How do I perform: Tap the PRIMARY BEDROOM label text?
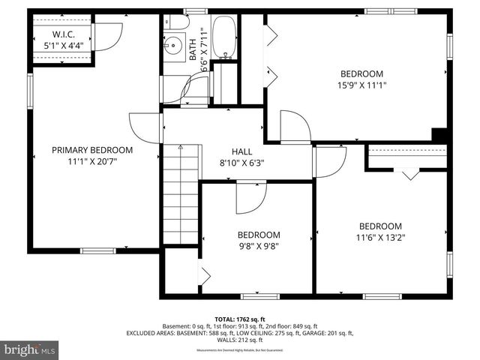[x=92, y=150]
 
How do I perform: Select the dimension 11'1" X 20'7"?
[x=92, y=160]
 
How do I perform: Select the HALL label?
[x=241, y=151]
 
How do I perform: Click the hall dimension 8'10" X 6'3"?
[x=241, y=163]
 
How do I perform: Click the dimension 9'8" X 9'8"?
[x=259, y=245]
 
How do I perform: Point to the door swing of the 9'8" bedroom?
[x=250, y=197]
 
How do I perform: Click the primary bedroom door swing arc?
[x=145, y=127]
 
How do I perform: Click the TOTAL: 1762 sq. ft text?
[x=239, y=319]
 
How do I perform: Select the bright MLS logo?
[x=30, y=349]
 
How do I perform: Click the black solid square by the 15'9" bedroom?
[x=440, y=135]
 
